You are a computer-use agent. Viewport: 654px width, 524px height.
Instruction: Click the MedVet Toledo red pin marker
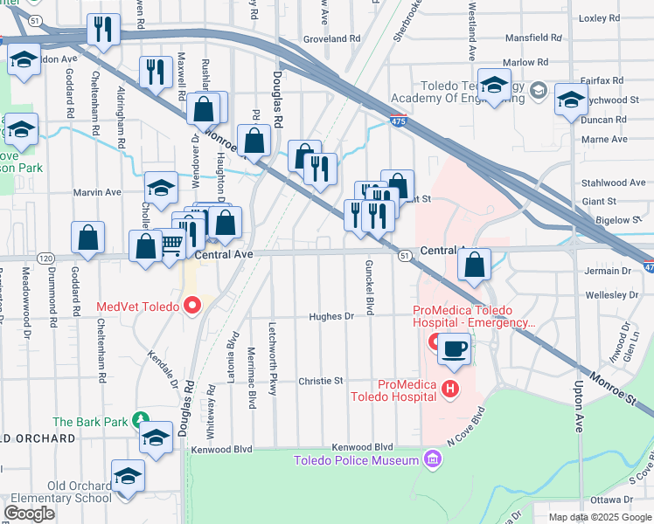tap(191, 307)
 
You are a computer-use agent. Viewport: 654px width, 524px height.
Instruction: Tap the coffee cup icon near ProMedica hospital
tap(454, 348)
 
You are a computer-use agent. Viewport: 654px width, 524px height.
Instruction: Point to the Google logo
tap(30, 514)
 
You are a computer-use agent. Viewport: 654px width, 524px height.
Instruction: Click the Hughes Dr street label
tap(337, 317)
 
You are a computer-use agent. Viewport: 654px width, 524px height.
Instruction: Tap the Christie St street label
tap(320, 382)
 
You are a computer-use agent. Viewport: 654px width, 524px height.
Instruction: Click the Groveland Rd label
tap(331, 39)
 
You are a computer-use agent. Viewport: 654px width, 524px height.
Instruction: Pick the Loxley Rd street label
tap(599, 17)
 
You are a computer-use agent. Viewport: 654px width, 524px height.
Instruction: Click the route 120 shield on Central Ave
tap(46, 259)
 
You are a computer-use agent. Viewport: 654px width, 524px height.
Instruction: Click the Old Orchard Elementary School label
tap(56, 492)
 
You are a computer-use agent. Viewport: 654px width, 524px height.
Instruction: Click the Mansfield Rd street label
tap(533, 38)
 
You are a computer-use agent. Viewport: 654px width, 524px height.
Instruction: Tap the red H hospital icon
tap(450, 389)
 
